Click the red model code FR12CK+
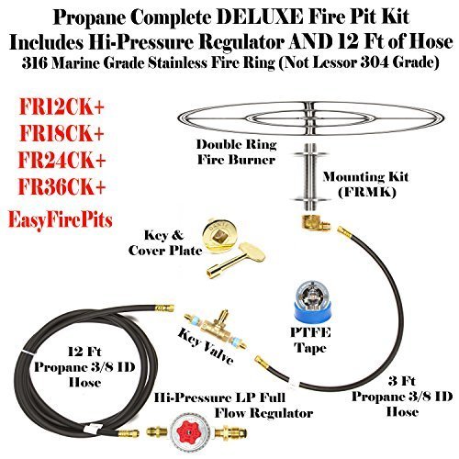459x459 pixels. point(62,107)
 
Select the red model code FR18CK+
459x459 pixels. point(62,134)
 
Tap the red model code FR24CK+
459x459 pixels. point(62,160)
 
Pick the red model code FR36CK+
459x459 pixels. point(62,186)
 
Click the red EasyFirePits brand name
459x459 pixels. point(61,219)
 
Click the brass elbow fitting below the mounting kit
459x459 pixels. point(315,223)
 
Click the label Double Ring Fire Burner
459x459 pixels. point(237,152)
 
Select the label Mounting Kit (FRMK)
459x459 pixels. point(365,185)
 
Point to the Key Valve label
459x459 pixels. point(207,346)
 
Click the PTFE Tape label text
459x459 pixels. point(310,341)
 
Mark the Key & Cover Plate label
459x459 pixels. point(165,243)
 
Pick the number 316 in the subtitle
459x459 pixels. point(35,62)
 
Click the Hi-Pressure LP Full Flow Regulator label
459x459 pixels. point(234,406)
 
